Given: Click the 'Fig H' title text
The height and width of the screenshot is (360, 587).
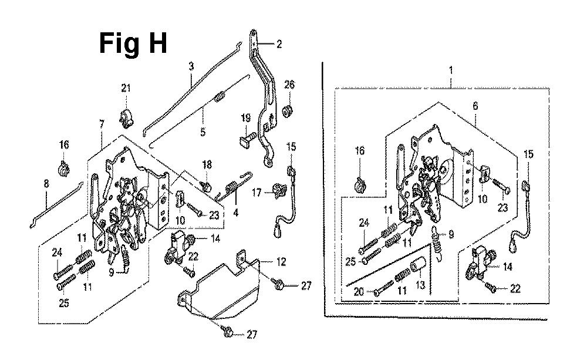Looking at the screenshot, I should click(133, 43).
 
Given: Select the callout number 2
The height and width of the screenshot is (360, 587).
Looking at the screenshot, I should click(279, 43).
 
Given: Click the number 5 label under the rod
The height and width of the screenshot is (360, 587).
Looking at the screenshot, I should click(203, 133).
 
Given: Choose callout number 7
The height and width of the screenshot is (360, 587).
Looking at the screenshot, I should click(102, 125).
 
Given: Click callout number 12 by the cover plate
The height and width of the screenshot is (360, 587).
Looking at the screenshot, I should click(265, 261).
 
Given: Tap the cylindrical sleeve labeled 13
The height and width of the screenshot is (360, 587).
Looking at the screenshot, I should click(416, 268).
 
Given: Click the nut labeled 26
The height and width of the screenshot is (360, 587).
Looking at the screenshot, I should click(288, 110).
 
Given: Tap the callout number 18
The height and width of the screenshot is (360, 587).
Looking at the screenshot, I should click(207, 163).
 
